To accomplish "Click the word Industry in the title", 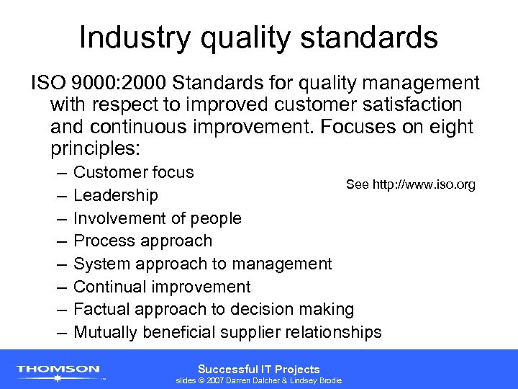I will [122, 37].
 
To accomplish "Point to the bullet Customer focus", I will [134, 172].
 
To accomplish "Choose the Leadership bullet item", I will [116, 195].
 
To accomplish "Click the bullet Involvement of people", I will [158, 218].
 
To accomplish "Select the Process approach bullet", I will [143, 241].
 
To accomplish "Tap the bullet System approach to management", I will [203, 264].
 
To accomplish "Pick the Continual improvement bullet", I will [162, 287].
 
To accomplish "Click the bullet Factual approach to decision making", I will [214, 310].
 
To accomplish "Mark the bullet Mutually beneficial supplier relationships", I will [227, 332].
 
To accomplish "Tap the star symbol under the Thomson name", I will [58, 379].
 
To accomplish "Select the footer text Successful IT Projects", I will [259, 368].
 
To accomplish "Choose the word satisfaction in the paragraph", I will [402, 104].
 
